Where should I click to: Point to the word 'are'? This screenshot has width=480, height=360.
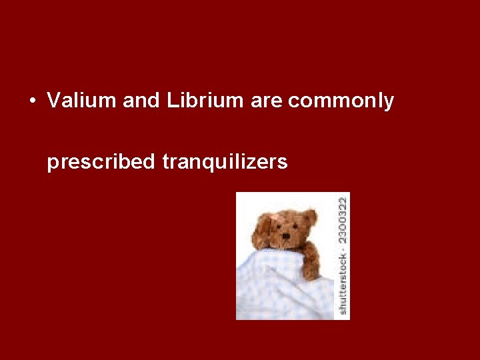[267, 101]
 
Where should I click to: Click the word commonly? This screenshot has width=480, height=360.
[341, 101]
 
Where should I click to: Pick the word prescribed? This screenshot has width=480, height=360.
[100, 162]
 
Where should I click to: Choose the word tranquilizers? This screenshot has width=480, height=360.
[225, 162]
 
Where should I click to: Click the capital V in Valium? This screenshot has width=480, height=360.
[53, 101]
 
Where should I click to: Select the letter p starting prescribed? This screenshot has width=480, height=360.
[52, 163]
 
